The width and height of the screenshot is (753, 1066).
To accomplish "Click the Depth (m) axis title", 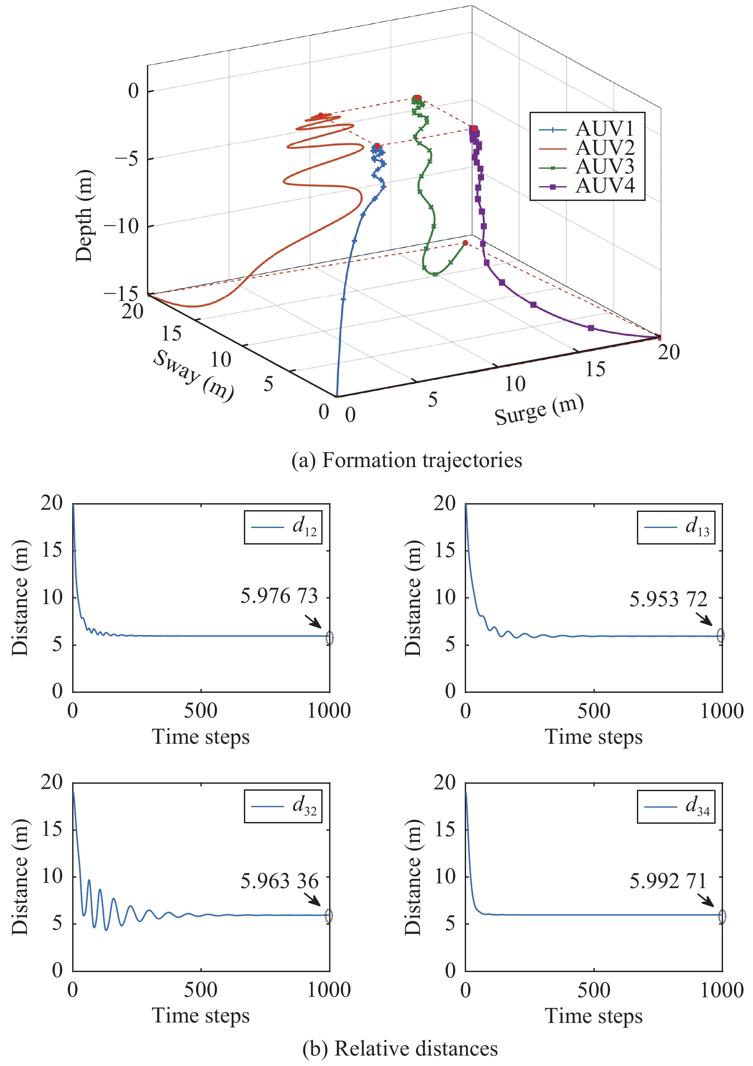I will [x=84, y=216].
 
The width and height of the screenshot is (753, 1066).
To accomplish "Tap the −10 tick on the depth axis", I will [x=121, y=227].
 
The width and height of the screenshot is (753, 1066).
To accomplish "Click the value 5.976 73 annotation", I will [x=279, y=596].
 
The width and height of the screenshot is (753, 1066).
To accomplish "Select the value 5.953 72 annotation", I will [x=668, y=599].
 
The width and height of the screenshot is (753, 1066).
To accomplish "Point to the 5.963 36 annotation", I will [x=280, y=881].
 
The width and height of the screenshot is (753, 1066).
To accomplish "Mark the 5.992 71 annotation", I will [x=668, y=881].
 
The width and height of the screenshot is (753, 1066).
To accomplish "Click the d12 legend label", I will [x=304, y=527].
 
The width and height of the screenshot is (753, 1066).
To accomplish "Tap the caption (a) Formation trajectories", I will [x=406, y=460].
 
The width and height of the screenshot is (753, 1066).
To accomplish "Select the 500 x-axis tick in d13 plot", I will [x=594, y=711].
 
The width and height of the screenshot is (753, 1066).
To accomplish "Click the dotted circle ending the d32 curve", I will [x=329, y=916].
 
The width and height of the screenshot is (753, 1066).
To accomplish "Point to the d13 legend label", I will [x=697, y=527].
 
